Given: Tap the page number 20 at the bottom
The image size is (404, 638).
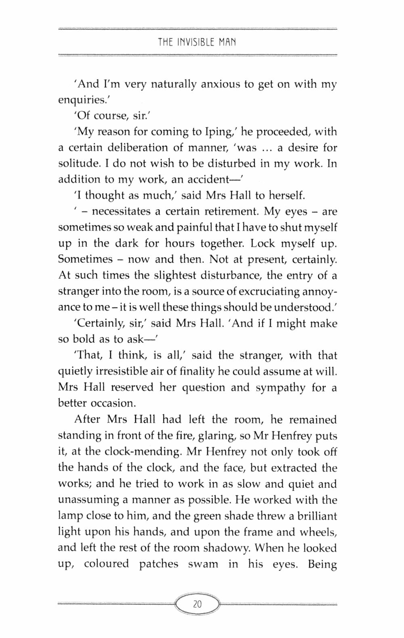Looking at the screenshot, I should pyautogui.click(x=197, y=593).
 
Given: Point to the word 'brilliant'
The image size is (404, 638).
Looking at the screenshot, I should pyautogui.click(x=311, y=516).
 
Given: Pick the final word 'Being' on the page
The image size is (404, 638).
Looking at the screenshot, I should pyautogui.click(x=322, y=564).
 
